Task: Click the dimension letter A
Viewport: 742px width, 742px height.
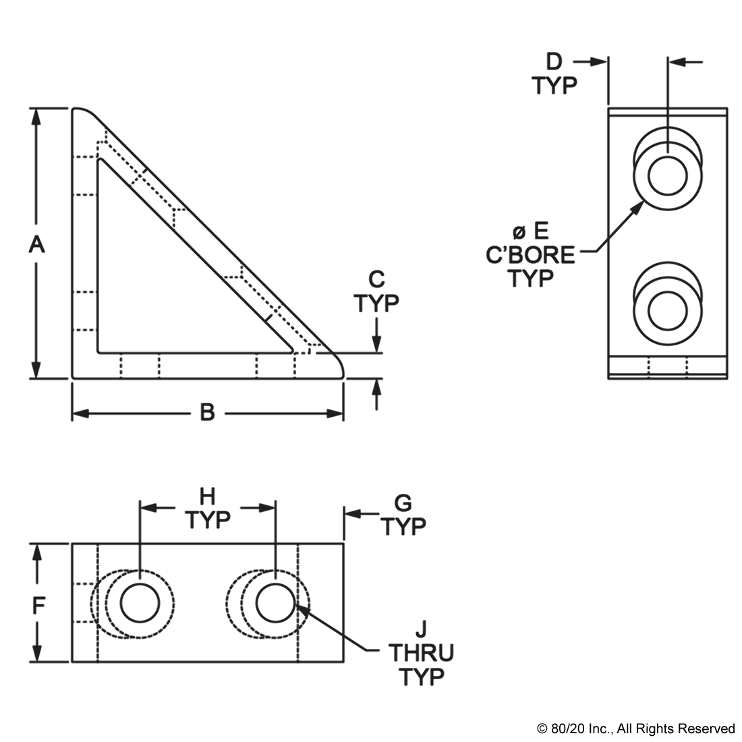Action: click(x=36, y=246)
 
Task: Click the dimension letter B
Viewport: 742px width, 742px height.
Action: click(x=207, y=413)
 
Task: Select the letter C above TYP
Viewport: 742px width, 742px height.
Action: click(x=376, y=280)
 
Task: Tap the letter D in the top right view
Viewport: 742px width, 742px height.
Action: click(x=554, y=61)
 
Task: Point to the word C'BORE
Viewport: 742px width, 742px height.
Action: click(x=530, y=255)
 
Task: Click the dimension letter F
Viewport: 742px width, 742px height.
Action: click(x=38, y=605)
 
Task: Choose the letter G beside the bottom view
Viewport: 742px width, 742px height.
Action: click(x=403, y=503)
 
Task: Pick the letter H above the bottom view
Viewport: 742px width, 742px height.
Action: click(x=207, y=497)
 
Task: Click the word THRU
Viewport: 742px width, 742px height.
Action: click(x=421, y=653)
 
